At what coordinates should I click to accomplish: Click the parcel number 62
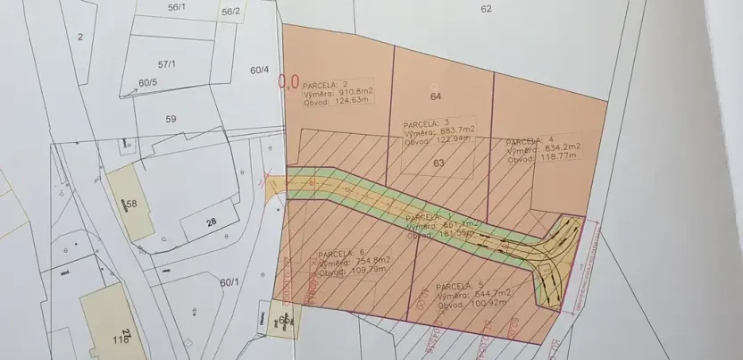point(486,9)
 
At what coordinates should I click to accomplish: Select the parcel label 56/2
point(230,12)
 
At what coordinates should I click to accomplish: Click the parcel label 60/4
point(259,70)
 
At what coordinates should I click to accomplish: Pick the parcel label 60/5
point(147,83)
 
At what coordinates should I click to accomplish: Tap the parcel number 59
point(171,118)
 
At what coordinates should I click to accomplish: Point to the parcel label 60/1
point(230,282)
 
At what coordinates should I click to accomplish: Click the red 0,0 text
point(288,82)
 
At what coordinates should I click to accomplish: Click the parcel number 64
point(436,96)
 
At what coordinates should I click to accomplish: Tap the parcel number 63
point(438,163)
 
